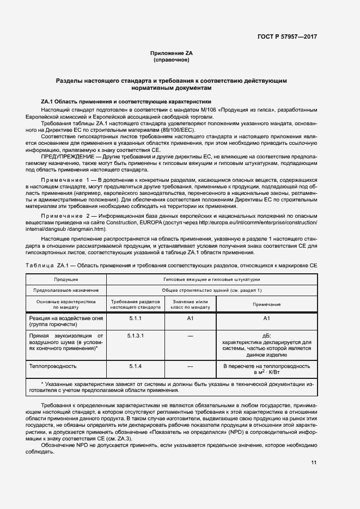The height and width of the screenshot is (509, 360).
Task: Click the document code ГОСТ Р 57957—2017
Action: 286,36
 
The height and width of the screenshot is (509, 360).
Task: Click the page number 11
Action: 313,463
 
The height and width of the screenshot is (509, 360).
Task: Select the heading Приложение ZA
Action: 171,53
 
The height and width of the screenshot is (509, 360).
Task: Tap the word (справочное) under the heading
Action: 171,60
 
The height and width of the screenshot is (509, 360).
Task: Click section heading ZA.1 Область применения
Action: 126,102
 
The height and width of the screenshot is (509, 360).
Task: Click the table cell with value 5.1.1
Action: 135,317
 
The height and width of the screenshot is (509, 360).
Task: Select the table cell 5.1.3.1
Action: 135,335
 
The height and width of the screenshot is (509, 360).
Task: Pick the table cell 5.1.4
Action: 135,366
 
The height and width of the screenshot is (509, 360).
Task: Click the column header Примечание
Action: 266,304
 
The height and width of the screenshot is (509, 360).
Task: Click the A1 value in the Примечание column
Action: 266,317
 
